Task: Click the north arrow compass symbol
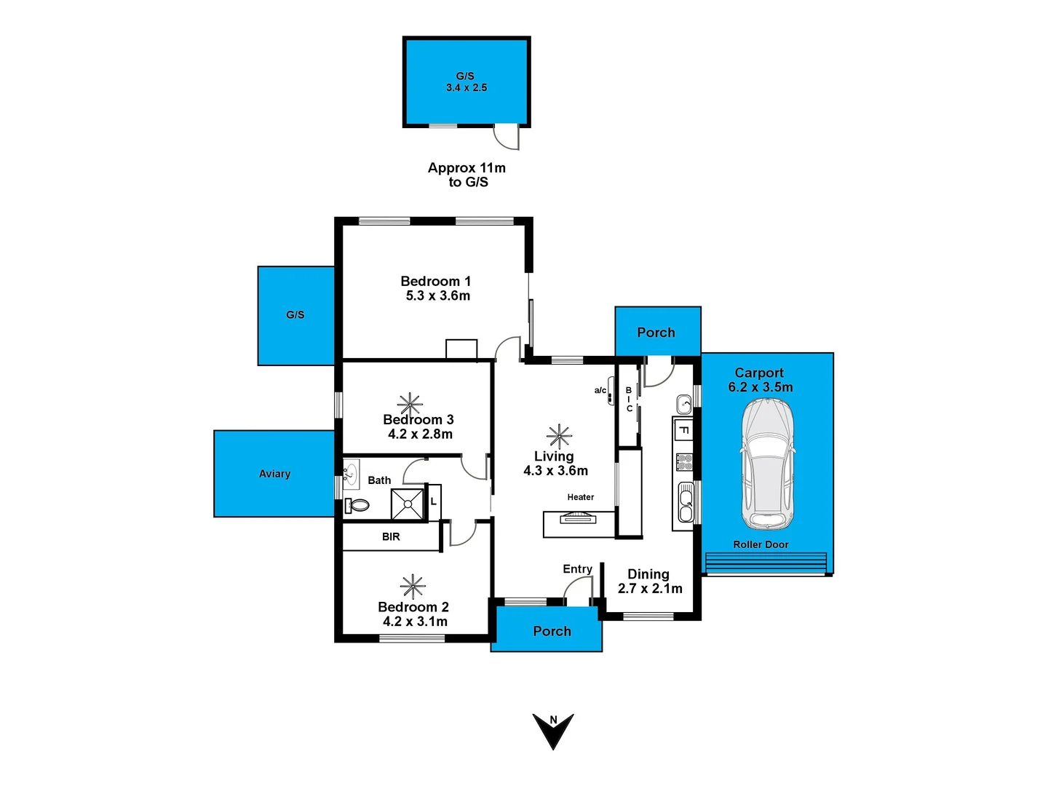click(553, 730)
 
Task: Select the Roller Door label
click(761, 544)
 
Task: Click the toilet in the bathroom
click(357, 504)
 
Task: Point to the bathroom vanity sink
click(352, 473)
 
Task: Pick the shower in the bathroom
click(407, 504)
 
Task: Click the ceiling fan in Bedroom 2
click(413, 587)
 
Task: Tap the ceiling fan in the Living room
click(559, 436)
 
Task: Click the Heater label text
click(581, 497)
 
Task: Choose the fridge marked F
click(683, 431)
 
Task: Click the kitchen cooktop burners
click(684, 462)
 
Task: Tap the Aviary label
click(274, 474)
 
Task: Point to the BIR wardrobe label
click(391, 537)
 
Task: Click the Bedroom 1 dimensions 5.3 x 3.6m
click(437, 296)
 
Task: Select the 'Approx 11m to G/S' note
click(467, 175)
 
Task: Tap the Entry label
click(577, 569)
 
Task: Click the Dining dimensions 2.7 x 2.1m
click(650, 589)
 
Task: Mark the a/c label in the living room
click(600, 391)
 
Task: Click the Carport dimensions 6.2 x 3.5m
click(761, 387)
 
